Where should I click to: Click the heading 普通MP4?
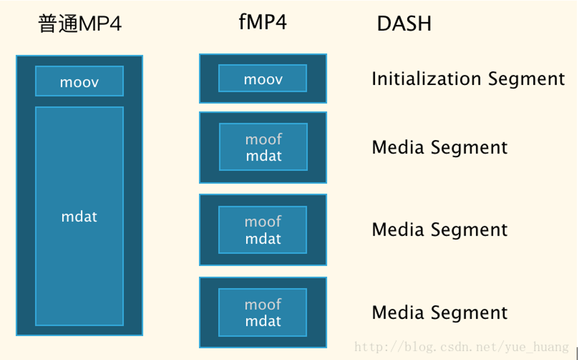pyautogui.click(x=80, y=24)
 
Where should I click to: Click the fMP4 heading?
pyautogui.click(x=263, y=23)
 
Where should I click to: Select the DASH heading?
pyautogui.click(x=404, y=24)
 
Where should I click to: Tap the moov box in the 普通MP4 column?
pyautogui.click(x=79, y=81)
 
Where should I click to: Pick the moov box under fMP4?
pyautogui.click(x=263, y=78)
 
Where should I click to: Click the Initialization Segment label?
pyautogui.click(x=468, y=79)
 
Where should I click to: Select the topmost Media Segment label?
pyautogui.click(x=440, y=148)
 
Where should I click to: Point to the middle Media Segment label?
pyautogui.click(x=440, y=230)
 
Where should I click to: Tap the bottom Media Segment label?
pyautogui.click(x=440, y=313)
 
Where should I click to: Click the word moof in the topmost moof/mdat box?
pyautogui.click(x=263, y=139)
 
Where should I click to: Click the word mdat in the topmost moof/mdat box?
pyautogui.click(x=263, y=156)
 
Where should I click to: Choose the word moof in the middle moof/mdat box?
pyautogui.click(x=263, y=222)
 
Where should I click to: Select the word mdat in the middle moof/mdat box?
pyautogui.click(x=263, y=239)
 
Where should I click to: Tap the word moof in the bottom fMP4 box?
pyautogui.click(x=263, y=304)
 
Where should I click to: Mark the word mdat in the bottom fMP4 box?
pyautogui.click(x=263, y=321)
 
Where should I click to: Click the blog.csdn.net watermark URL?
pyautogui.click(x=461, y=347)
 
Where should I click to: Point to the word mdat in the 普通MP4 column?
pyautogui.click(x=79, y=217)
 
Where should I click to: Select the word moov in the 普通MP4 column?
pyautogui.click(x=79, y=83)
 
